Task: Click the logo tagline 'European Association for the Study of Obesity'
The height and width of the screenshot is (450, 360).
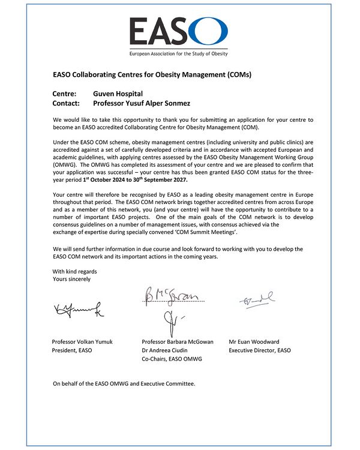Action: (x=179, y=54)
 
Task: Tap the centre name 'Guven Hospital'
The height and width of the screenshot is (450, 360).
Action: (x=118, y=94)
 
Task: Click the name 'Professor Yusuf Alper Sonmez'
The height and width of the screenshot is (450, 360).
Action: (x=142, y=103)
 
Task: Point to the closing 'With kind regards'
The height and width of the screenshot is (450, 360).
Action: (x=74, y=271)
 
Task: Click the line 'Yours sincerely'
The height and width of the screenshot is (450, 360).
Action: (x=71, y=279)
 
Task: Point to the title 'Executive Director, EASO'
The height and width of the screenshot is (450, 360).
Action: (x=260, y=350)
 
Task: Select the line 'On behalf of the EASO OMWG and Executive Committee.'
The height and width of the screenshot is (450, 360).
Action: (x=124, y=383)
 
